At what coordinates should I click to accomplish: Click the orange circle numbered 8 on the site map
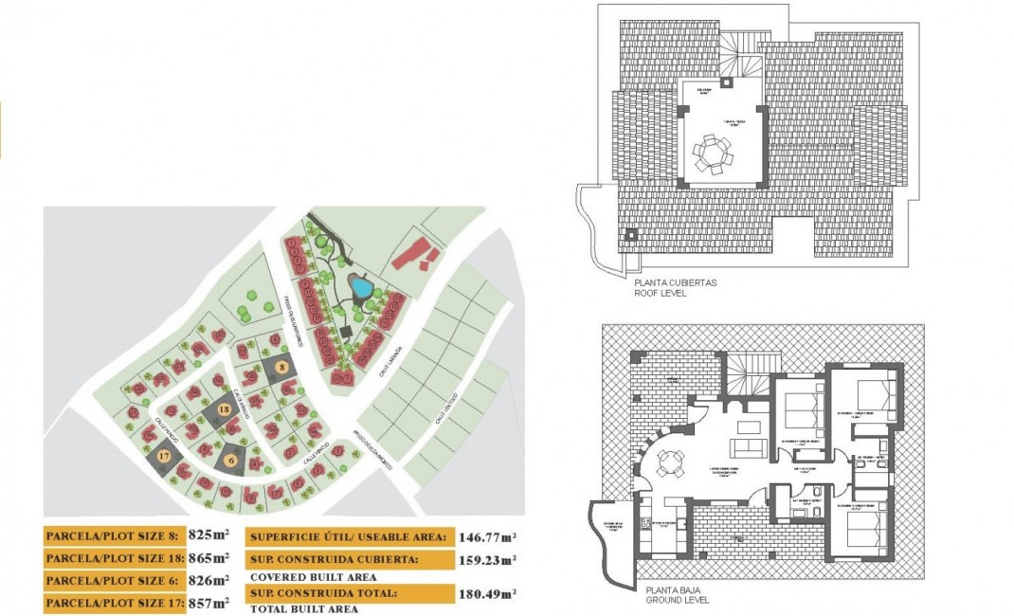coord(281,365)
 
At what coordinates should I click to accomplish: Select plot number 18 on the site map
coord(224,409)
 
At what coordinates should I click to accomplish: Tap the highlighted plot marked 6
coord(231,460)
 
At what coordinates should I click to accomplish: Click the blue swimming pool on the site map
coord(360,285)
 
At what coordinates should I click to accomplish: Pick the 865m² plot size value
coord(208,558)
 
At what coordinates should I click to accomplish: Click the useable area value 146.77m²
coord(486,535)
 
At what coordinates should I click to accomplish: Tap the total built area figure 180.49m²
coord(486,594)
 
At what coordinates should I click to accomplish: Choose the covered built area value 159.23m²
coord(486,559)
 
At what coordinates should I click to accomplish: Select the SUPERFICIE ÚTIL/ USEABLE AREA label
coord(347,535)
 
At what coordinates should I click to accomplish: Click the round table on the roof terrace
coord(712,152)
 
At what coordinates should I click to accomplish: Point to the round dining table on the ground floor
coord(670,462)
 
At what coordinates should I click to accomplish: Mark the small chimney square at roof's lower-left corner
coord(628,233)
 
